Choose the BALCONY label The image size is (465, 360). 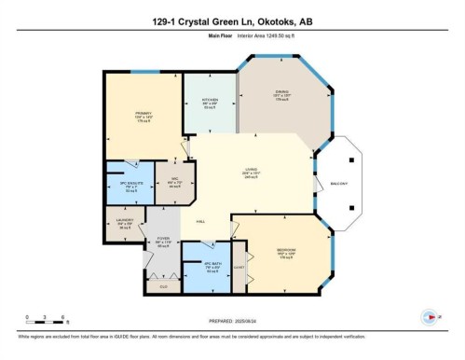[339, 183]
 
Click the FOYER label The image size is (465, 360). [165, 240]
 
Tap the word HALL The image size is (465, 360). [199, 222]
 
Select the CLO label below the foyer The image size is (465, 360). [164, 286]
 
